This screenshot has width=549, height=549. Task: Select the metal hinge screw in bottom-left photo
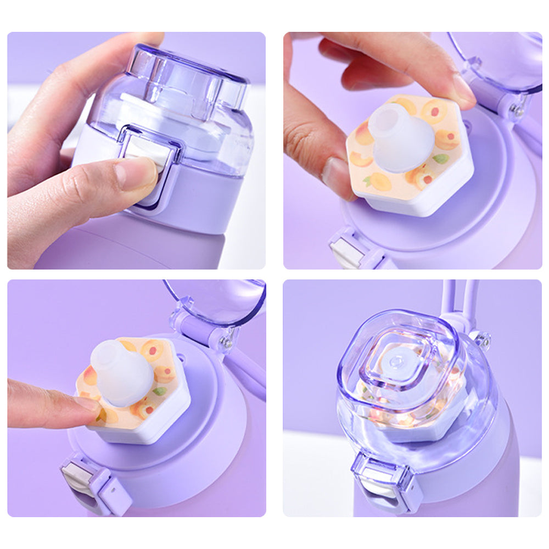(226, 343)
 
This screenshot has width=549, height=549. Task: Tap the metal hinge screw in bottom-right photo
(485, 341)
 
